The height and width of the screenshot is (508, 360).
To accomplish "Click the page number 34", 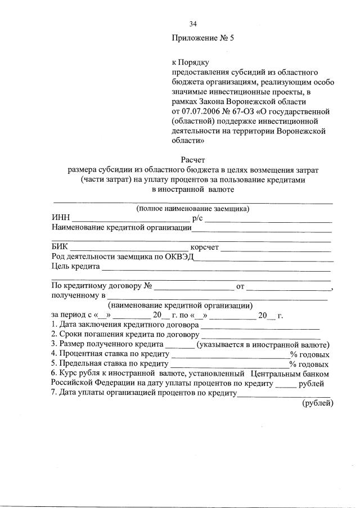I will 193,24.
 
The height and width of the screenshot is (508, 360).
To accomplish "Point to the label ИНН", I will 60,218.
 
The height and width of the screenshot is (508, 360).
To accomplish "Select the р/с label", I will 196,218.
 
